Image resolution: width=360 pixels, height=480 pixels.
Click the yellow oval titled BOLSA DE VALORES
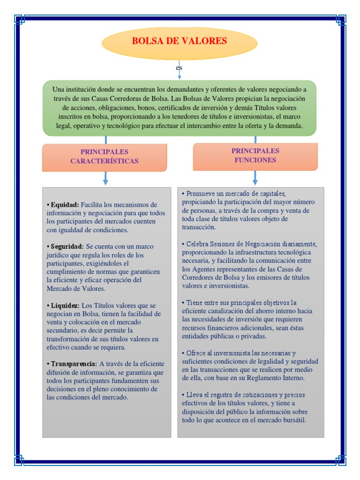(180, 41)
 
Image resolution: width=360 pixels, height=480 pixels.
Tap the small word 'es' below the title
(179, 68)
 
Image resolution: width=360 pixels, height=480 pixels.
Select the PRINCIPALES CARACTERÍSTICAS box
(105, 157)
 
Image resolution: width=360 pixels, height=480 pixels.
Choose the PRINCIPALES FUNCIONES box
(255, 156)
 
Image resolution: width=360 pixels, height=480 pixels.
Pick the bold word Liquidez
(65, 305)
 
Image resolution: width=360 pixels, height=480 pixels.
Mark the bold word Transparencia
(74, 363)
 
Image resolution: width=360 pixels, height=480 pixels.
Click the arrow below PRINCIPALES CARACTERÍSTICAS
(105, 179)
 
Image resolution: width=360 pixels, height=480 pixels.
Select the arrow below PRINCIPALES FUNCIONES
(255, 178)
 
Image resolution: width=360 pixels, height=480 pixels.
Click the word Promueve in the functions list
(201, 194)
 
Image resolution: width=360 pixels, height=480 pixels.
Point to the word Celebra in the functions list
(198, 244)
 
